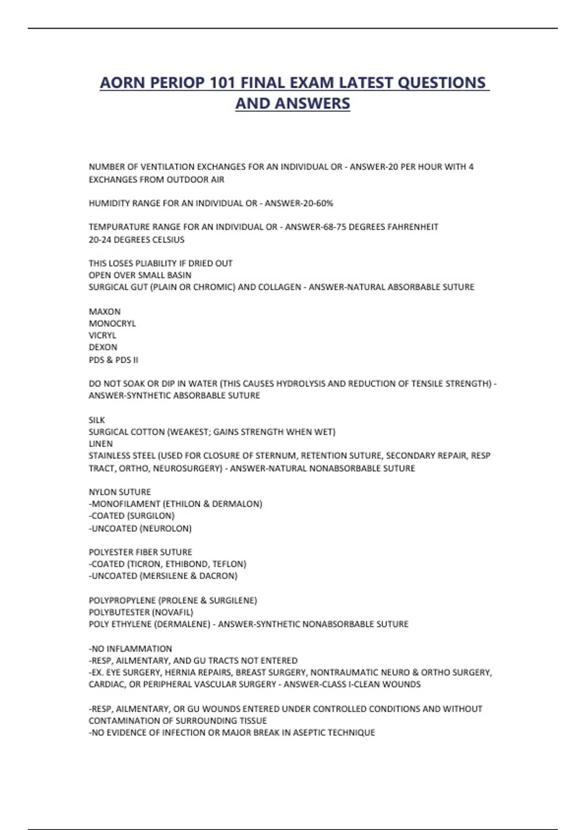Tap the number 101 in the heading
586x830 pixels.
tap(223, 83)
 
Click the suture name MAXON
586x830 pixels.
tap(105, 311)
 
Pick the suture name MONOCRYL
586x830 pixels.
tap(112, 323)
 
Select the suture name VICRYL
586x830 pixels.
tap(103, 335)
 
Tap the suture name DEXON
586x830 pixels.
tap(103, 347)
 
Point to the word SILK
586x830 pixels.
tap(97, 420)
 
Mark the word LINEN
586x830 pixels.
tap(101, 444)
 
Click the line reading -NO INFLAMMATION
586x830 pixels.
tap(130, 649)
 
